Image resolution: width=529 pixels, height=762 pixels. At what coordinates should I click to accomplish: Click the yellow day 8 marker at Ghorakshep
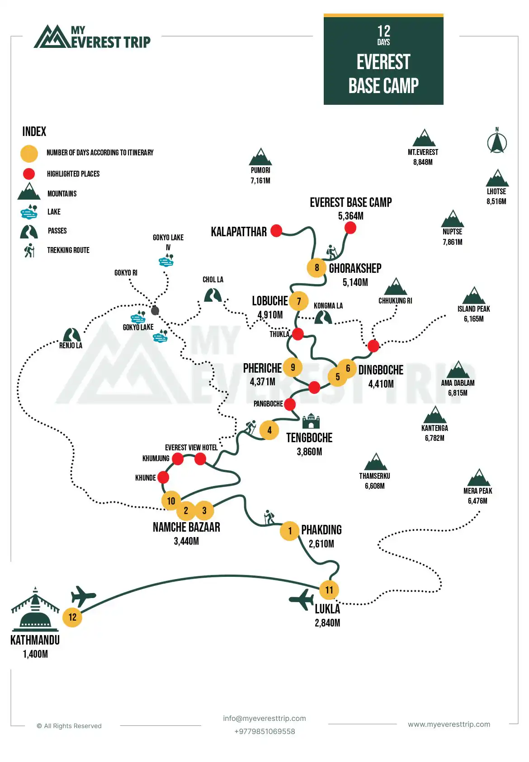pyautogui.click(x=316, y=268)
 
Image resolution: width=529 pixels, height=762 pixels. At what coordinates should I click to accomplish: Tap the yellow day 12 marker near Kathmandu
pyautogui.click(x=72, y=617)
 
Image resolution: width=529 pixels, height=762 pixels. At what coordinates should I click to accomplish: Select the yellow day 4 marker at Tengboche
pyautogui.click(x=269, y=430)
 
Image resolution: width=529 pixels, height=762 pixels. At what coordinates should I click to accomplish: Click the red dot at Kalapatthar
pyautogui.click(x=276, y=231)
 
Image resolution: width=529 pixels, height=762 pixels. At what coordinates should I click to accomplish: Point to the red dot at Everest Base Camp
pyautogui.click(x=350, y=228)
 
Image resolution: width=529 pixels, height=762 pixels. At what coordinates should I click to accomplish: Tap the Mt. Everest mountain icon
pyautogui.click(x=424, y=138)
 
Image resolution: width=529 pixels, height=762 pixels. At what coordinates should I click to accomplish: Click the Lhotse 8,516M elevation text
pyautogui.click(x=496, y=201)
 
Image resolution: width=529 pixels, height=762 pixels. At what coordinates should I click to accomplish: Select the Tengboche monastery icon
pyautogui.click(x=311, y=421)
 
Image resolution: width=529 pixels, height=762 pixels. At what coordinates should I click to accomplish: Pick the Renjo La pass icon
pyautogui.click(x=71, y=335)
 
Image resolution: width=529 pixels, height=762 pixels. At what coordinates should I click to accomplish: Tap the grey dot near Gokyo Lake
pyautogui.click(x=155, y=310)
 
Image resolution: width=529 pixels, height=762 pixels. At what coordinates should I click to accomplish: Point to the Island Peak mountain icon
pyautogui.click(x=474, y=295)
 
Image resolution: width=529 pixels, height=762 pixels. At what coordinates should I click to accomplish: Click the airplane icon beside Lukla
pyautogui.click(x=302, y=600)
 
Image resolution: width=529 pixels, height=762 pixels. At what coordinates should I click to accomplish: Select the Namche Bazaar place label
pyautogui.click(x=186, y=527)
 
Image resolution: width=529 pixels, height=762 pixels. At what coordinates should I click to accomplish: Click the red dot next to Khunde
pyautogui.click(x=163, y=477)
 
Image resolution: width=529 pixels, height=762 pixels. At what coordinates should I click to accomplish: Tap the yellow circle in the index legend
pyautogui.click(x=29, y=154)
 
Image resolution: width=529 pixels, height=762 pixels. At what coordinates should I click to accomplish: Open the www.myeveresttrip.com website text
pyautogui.click(x=449, y=724)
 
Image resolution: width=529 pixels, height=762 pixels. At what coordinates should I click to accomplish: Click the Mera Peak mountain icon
pyautogui.click(x=479, y=477)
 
